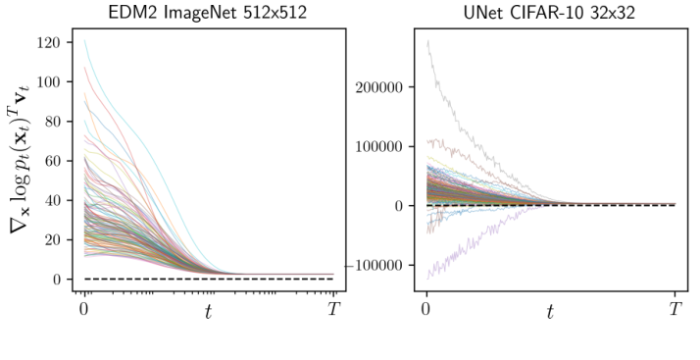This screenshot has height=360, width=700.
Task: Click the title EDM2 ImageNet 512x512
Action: pyautogui.click(x=208, y=12)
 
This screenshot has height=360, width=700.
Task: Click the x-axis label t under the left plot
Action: pyautogui.click(x=208, y=313)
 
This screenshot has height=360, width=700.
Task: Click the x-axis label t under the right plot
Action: pyautogui.click(x=550, y=313)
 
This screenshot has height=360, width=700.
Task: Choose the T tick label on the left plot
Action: pyautogui.click(x=333, y=309)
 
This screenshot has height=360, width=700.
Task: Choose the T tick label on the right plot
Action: pyautogui.click(x=675, y=309)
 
